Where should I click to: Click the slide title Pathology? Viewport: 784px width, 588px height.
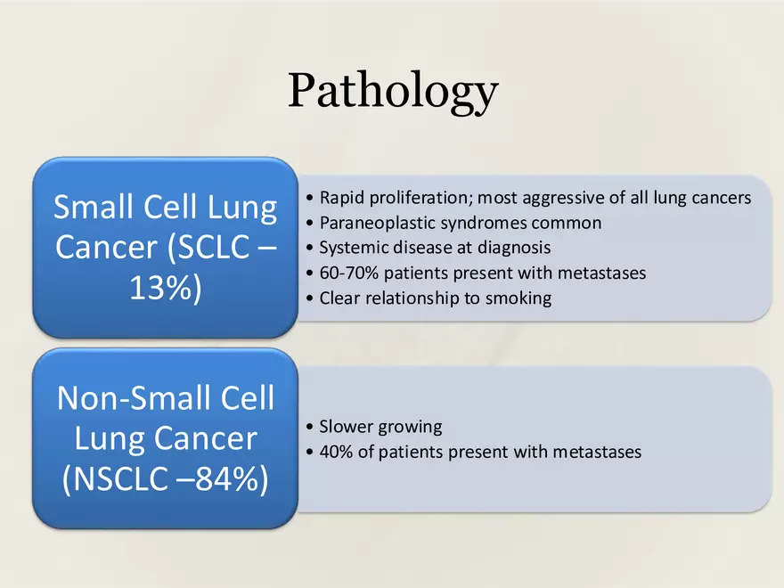[392, 91]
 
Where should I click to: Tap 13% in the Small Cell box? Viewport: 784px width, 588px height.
[164, 289]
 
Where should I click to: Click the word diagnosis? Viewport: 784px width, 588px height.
[510, 248]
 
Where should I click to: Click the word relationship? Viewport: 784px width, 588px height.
[408, 298]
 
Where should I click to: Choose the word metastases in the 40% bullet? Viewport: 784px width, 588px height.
[596, 452]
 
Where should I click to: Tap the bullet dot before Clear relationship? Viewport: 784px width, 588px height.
[308, 298]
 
